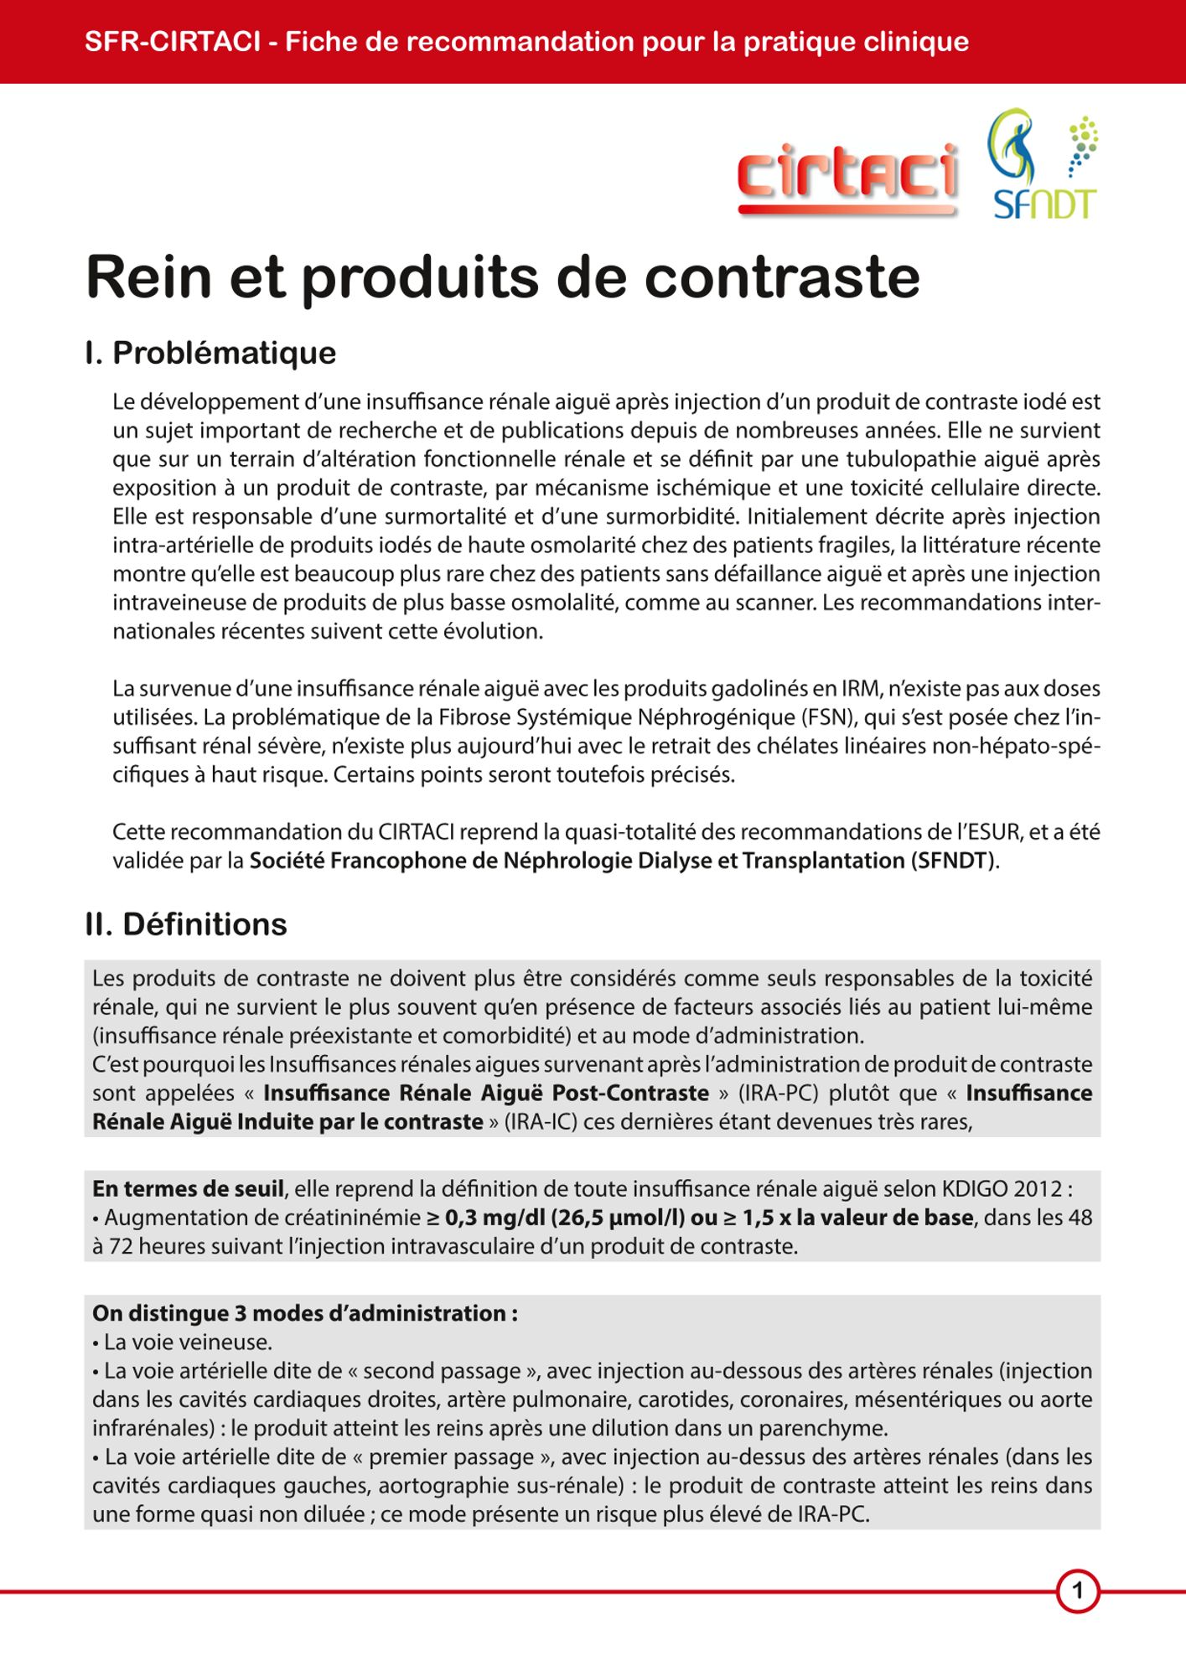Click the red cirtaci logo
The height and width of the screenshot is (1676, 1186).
pyautogui.click(x=847, y=178)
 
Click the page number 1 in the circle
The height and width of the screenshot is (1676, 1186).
pyautogui.click(x=1078, y=1591)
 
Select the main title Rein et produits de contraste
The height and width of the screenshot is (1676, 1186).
pyautogui.click(x=503, y=277)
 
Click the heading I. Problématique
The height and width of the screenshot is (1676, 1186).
pyautogui.click(x=210, y=353)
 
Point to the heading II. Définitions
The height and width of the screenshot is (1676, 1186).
pyautogui.click(x=186, y=924)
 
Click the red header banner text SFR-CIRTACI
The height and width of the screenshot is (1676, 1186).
pyautogui.click(x=173, y=41)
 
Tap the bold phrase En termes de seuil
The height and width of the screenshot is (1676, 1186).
pyautogui.click(x=189, y=1189)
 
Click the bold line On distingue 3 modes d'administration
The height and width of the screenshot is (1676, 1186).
pyautogui.click(x=305, y=1313)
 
